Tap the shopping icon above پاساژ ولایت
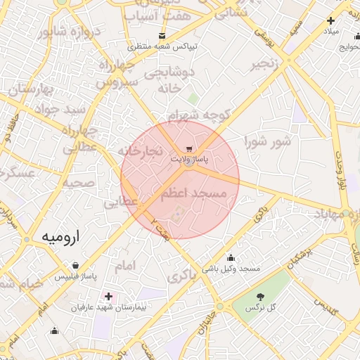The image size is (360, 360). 189,149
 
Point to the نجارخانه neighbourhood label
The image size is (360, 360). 140,151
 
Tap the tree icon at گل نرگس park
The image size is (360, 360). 261,297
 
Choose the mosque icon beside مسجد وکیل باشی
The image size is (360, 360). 231,258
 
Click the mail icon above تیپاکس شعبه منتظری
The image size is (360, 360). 163,35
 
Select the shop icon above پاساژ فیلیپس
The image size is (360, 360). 75,266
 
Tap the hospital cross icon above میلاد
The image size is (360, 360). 330,21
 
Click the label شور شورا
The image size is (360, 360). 268,142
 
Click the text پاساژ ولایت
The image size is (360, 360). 189,160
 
